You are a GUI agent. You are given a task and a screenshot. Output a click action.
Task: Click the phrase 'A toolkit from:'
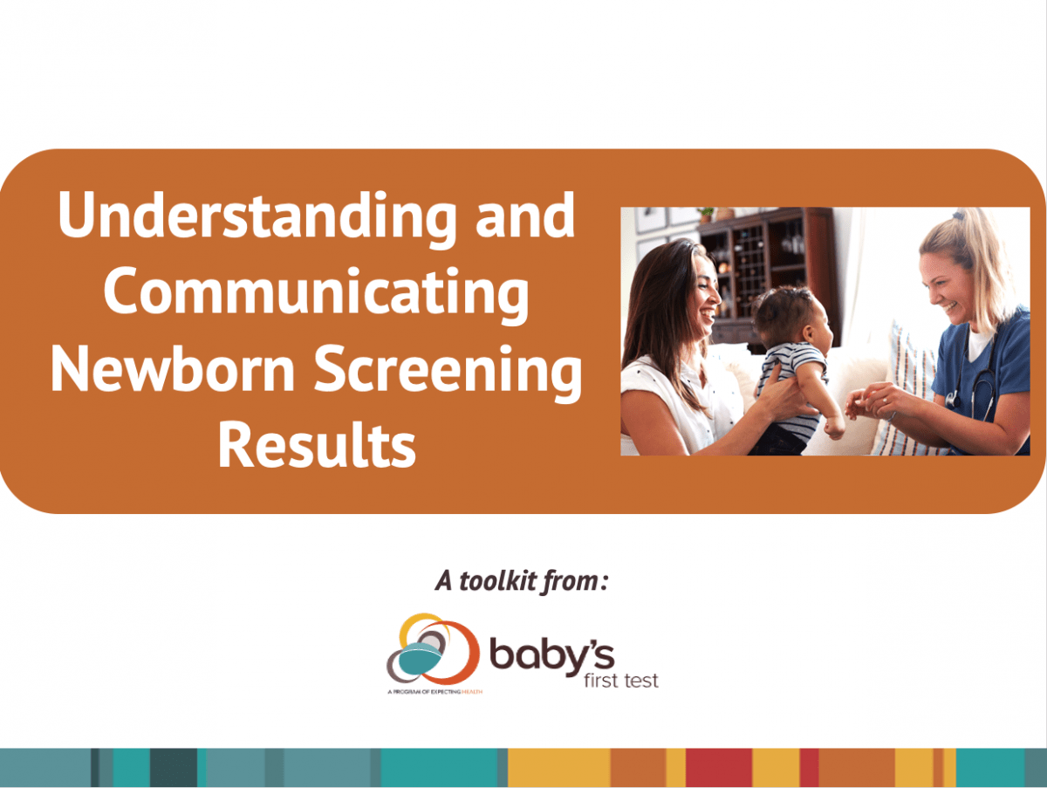coord(521,581)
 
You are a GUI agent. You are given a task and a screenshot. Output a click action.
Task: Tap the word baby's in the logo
coord(551,655)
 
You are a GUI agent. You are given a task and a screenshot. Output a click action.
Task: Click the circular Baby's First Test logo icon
coord(432,651)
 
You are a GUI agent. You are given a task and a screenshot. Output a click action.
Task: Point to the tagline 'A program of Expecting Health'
coord(434,690)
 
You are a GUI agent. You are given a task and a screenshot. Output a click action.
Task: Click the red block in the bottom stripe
coord(718,768)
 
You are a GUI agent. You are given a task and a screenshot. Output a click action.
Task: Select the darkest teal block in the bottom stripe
coord(173,768)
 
